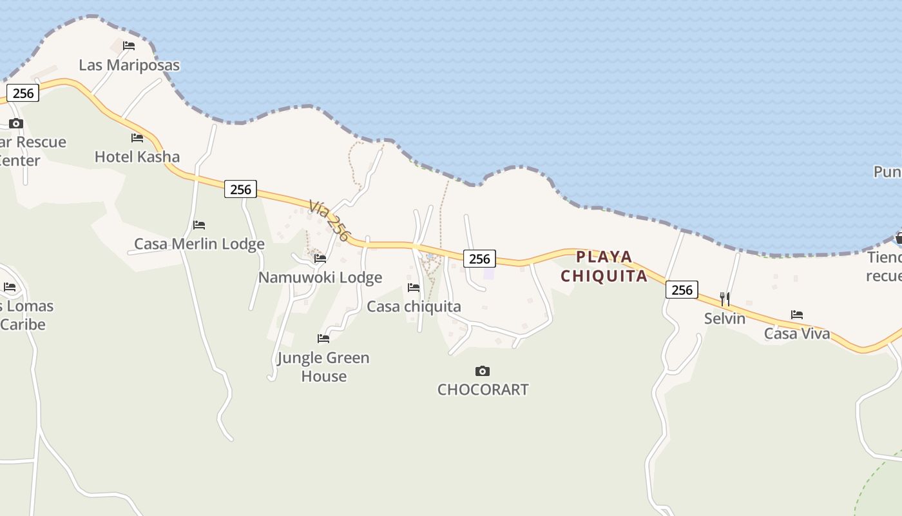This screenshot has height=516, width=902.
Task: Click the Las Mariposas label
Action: tap(129, 65)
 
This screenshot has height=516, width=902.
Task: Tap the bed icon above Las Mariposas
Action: tap(129, 46)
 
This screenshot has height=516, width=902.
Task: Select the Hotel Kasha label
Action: tap(137, 157)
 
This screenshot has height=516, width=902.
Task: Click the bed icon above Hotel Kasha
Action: tap(137, 137)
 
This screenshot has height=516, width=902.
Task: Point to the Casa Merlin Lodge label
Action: tap(199, 244)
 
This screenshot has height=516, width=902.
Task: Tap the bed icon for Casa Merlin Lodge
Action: tap(199, 225)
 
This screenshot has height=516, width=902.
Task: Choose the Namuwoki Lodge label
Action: tap(320, 277)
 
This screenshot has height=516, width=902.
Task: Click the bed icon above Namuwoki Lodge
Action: tap(320, 259)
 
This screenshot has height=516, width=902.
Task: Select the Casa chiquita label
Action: tap(414, 306)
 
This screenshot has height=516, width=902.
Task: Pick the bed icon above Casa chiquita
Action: tap(414, 288)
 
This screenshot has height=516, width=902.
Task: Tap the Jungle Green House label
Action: tap(323, 366)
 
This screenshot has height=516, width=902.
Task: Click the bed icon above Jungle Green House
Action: tap(323, 338)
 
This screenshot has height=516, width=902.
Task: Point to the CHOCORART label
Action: tap(483, 390)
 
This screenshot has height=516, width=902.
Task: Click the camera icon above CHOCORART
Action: tap(483, 371)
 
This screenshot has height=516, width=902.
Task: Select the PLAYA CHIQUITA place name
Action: tap(604, 266)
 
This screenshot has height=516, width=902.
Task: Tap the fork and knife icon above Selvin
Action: tap(725, 299)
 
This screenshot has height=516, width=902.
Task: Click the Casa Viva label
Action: tap(797, 333)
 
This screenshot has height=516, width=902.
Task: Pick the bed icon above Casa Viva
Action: tap(797, 315)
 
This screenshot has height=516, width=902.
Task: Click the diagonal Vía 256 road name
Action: tap(329, 220)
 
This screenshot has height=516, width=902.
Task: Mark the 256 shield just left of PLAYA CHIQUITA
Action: tap(479, 259)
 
